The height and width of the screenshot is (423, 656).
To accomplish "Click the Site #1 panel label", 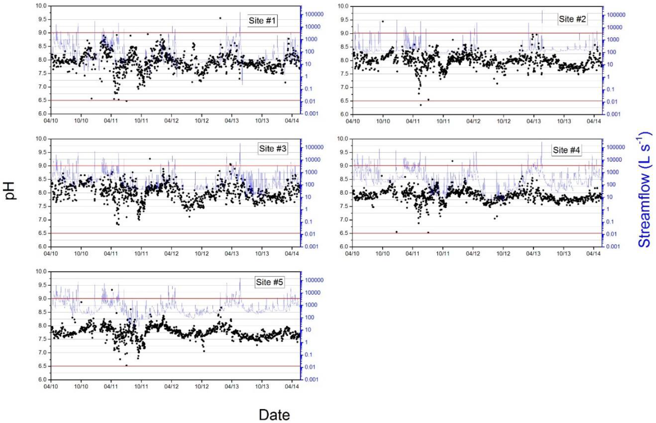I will tap(262, 21).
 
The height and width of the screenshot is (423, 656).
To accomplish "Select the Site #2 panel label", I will tap(572, 19).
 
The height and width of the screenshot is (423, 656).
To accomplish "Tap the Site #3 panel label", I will tap(272, 149).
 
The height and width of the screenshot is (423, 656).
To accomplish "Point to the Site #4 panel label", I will tap(566, 150).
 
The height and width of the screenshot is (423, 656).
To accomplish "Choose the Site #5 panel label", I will tap(269, 282).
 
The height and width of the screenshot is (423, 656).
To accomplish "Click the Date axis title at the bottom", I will tap(274, 415).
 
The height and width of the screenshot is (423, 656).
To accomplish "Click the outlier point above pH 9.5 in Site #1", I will tap(220, 18).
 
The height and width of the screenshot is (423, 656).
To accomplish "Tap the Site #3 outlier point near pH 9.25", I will tap(150, 159).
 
